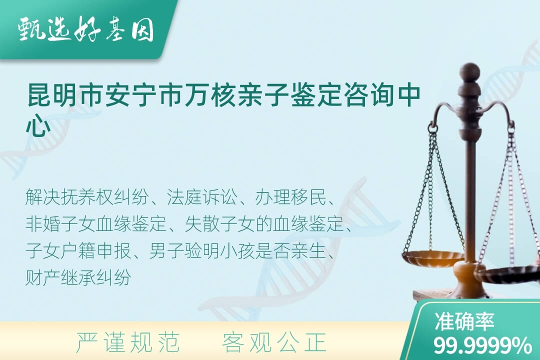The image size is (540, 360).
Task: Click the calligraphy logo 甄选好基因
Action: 85,30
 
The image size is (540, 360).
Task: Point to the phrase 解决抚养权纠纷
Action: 87,197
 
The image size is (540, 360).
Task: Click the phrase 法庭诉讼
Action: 202,197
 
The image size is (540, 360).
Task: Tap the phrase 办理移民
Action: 290,197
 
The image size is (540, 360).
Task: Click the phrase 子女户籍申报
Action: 78,251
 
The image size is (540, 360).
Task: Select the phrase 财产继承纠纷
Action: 78,277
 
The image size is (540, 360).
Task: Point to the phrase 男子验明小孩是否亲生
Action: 237,251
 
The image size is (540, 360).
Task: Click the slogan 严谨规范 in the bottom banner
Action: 128,343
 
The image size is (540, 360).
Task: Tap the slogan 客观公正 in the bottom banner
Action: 274,343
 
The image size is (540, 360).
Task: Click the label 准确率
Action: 464,321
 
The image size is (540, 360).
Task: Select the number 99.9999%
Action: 482,345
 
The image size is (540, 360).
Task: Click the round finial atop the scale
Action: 469,71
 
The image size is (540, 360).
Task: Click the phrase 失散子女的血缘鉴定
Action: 264,224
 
